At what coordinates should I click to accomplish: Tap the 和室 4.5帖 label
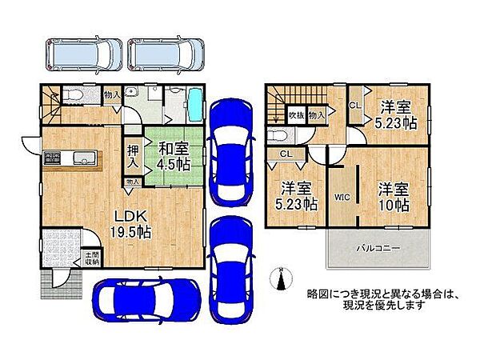pos(172,154)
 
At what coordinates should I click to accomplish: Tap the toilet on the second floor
pos(280,135)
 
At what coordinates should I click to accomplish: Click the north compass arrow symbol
pos(280,279)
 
